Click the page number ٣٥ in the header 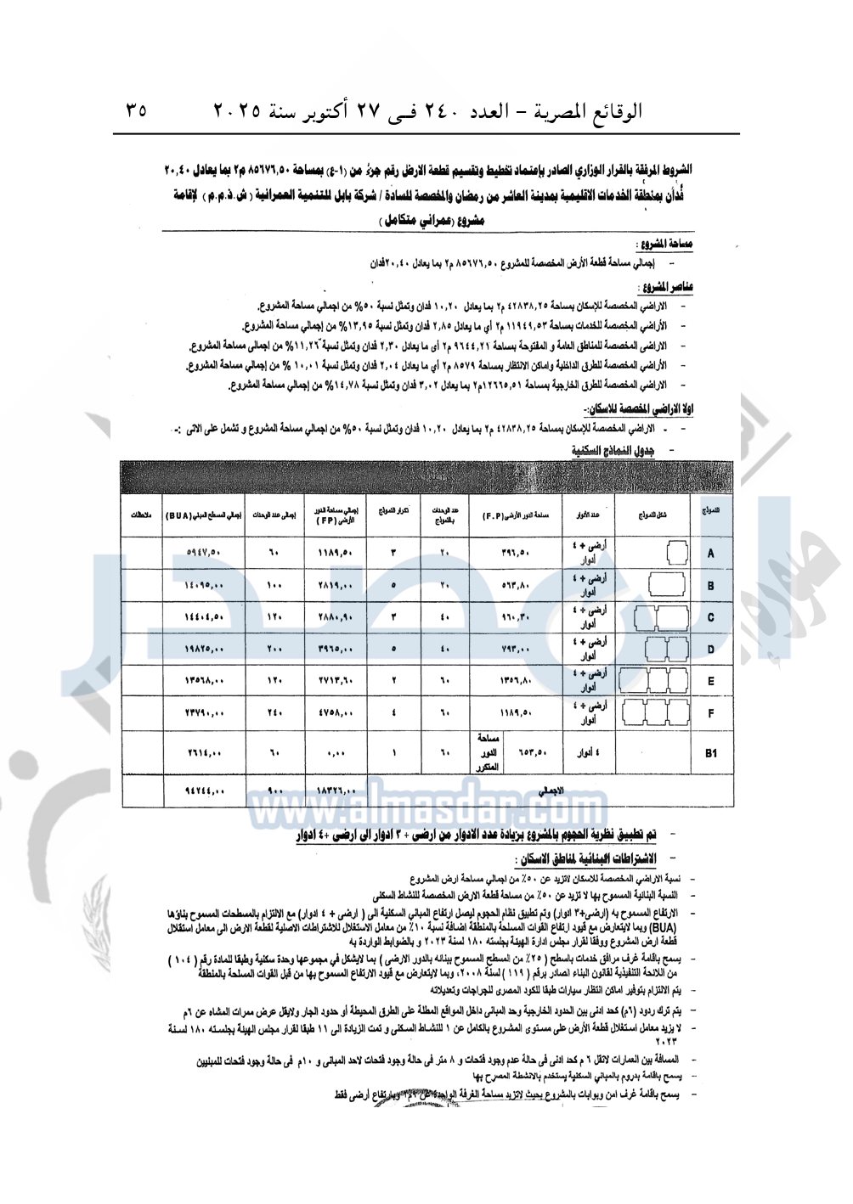[136, 110]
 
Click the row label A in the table [710, 554]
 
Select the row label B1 [711, 753]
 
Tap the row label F [711, 713]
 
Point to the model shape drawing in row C [662, 618]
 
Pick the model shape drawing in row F [655, 713]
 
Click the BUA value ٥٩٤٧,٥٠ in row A [204, 554]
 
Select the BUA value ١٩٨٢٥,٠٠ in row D [204, 650]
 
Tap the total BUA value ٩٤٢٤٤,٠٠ [204, 791]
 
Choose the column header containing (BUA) [204, 515]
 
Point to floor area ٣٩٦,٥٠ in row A [516, 554]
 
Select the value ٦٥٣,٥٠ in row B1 [533, 752]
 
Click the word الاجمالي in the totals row [551, 790]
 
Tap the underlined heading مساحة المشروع [669, 245]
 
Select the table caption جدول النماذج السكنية [613, 450]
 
